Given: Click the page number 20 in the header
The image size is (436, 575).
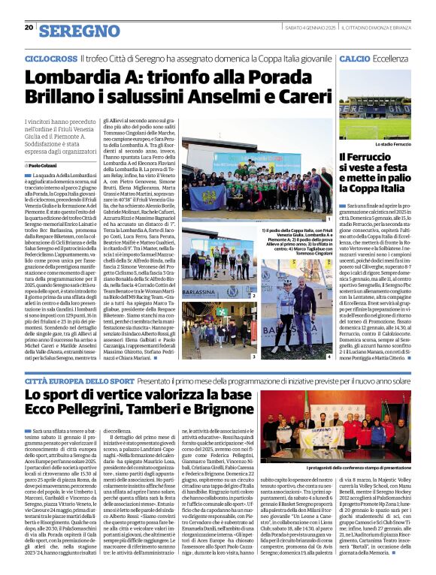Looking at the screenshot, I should tap(29, 28).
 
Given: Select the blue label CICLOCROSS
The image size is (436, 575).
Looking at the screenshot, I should tap(48, 58).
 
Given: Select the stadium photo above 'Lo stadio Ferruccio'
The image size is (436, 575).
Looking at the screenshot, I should tap(374, 106).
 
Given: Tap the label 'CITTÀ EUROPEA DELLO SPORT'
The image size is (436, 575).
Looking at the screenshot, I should tap(71, 381).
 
